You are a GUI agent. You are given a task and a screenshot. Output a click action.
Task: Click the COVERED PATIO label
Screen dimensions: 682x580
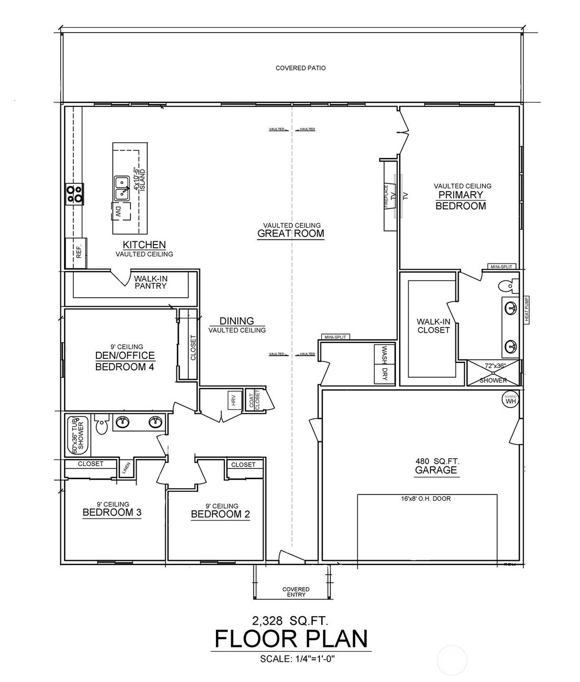(300, 68)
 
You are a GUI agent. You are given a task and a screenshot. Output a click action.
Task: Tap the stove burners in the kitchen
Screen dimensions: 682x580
(75, 194)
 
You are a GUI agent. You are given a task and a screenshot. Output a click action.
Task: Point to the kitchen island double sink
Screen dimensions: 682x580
(122, 188)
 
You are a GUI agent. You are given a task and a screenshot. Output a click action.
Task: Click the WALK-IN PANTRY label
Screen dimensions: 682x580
(150, 282)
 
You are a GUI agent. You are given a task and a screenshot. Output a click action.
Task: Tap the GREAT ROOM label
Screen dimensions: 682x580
(290, 233)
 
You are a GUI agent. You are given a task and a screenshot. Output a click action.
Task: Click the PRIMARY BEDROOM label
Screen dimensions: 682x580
(460, 200)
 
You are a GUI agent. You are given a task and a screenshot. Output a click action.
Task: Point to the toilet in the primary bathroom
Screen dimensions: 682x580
(507, 285)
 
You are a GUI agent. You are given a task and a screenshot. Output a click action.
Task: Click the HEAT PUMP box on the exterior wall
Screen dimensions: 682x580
(526, 309)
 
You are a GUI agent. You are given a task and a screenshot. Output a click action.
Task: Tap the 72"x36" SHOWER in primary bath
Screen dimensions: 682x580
(493, 373)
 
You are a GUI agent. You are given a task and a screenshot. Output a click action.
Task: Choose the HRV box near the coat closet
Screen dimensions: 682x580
(233, 401)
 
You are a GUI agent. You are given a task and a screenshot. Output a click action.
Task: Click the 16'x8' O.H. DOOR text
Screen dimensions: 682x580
(426, 499)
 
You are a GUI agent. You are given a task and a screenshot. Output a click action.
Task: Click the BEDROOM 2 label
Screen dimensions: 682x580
(220, 514)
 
